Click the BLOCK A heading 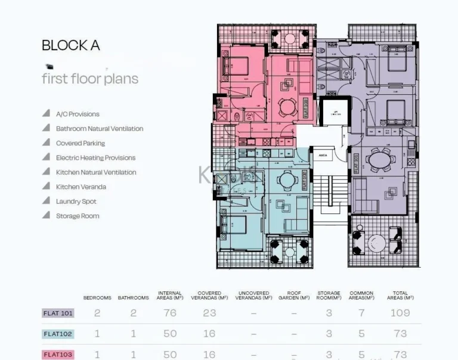coord(70,45)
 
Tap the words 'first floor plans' coord(89,79)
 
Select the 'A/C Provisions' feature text coord(78,114)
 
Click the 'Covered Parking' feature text coord(80,143)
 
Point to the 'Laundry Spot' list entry coord(76,201)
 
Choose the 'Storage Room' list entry coord(78,216)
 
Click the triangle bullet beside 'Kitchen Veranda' coord(46,187)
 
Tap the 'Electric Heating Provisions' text coord(95,158)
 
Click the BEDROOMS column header coord(97,297)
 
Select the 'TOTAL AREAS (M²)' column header coord(400,295)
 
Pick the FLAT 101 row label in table coord(58,313)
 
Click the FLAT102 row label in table coord(58,334)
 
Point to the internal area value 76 coord(170,313)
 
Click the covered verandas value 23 coord(209,313)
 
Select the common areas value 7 coord(361,313)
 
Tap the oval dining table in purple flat coord(380,160)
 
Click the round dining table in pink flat coord(287,107)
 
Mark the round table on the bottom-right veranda coord(376,243)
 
